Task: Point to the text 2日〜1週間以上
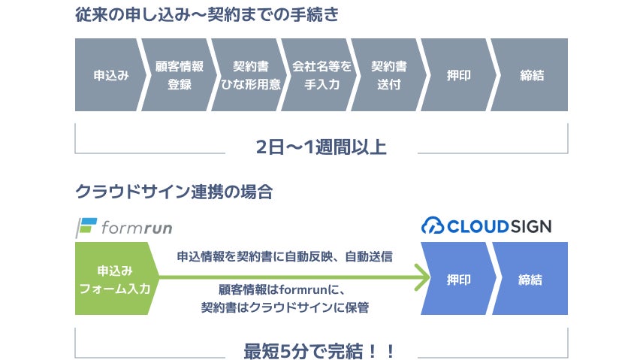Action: pyautogui.click(x=321, y=147)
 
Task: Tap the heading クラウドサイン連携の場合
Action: pyautogui.click(x=174, y=192)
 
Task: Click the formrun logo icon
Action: pyautogui.click(x=87, y=226)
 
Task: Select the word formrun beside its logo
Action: pyautogui.click(x=136, y=227)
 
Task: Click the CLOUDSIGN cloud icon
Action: pyautogui.click(x=433, y=225)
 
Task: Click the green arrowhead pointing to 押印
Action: pyautogui.click(x=422, y=279)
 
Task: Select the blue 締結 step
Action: pyautogui.click(x=530, y=279)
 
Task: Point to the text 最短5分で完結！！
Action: pyautogui.click(x=320, y=350)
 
